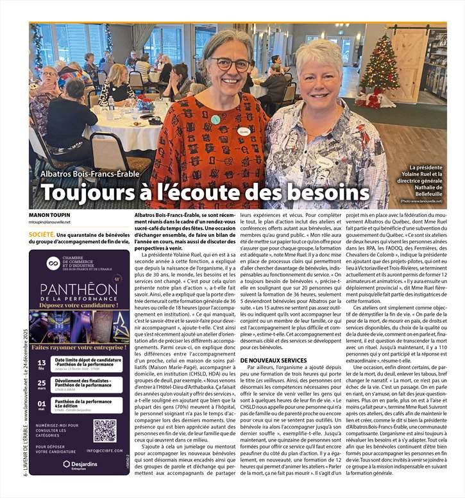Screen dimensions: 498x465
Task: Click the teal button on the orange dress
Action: [x=216, y=119]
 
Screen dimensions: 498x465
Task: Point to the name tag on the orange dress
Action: [x=243, y=131]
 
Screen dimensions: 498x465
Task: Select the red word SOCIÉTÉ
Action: [x=41, y=235]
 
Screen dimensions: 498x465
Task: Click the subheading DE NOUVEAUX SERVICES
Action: [x=273, y=361]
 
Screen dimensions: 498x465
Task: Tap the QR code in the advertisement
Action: [x=104, y=431]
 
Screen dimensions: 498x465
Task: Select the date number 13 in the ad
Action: [x=42, y=362]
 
